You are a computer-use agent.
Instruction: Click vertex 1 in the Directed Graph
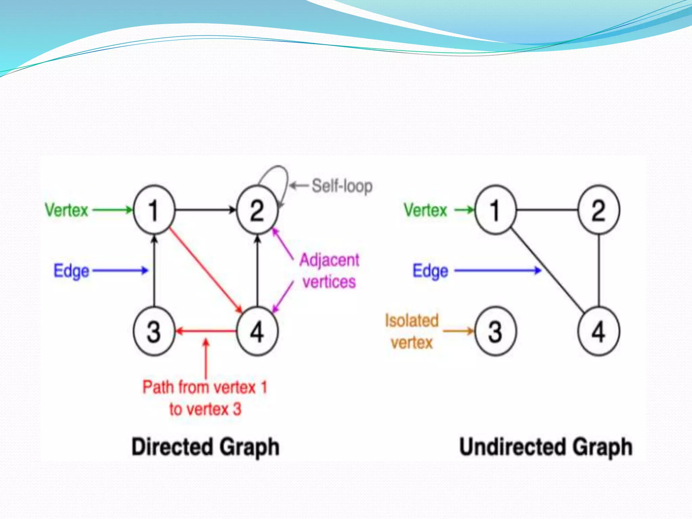[x=154, y=210]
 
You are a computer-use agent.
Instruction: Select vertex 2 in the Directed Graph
[x=257, y=210]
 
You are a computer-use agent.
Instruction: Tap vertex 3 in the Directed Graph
[x=154, y=331]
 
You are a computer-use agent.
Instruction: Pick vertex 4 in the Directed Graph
[x=257, y=331]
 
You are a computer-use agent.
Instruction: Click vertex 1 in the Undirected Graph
[x=495, y=210]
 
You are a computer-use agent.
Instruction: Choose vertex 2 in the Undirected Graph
[x=599, y=210]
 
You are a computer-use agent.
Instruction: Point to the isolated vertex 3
[x=495, y=331]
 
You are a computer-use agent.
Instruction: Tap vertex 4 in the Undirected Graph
[x=599, y=331]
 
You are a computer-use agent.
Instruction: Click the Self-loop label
[x=342, y=186]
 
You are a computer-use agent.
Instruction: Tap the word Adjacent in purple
[x=329, y=261]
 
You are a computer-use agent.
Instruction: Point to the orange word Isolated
[x=412, y=320]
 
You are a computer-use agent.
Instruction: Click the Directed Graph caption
[x=205, y=447]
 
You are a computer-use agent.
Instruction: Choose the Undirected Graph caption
[x=546, y=447]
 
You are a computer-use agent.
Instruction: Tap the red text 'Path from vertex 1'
[x=205, y=387]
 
